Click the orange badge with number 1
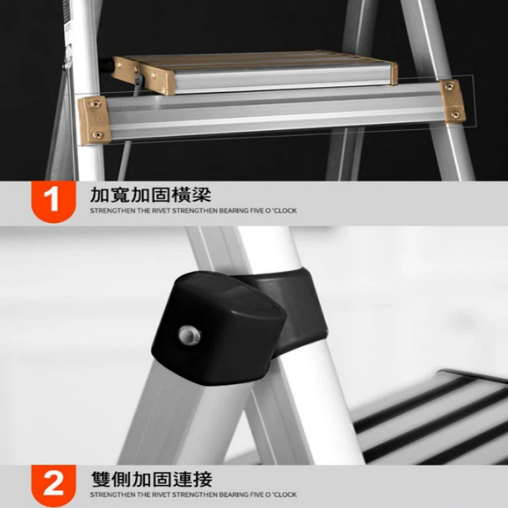(53, 201)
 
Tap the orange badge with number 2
(53, 485)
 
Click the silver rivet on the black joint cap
(189, 336)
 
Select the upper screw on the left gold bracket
(95, 104)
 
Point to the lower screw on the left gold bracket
(98, 135)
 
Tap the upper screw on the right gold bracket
(450, 86)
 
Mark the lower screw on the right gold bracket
(455, 114)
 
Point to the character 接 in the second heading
(202, 479)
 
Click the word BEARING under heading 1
(234, 211)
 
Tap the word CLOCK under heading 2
(285, 495)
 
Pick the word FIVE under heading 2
(257, 495)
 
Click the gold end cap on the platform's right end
(394, 74)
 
